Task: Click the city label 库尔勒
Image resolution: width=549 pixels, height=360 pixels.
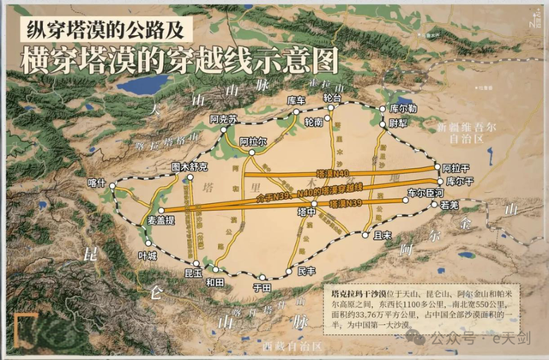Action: pos(403,109)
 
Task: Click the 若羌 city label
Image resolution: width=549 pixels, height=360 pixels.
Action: pos(451,206)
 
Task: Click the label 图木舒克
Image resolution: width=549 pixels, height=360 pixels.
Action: pos(190,166)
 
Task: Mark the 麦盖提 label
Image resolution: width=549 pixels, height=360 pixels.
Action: pos(139,219)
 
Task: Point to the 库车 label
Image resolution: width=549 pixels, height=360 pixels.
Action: pos(296,100)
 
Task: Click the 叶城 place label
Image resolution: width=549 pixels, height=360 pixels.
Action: pos(148,255)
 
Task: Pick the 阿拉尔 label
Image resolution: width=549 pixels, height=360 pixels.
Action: pos(254,141)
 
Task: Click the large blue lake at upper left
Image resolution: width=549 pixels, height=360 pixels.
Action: pos(142,84)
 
